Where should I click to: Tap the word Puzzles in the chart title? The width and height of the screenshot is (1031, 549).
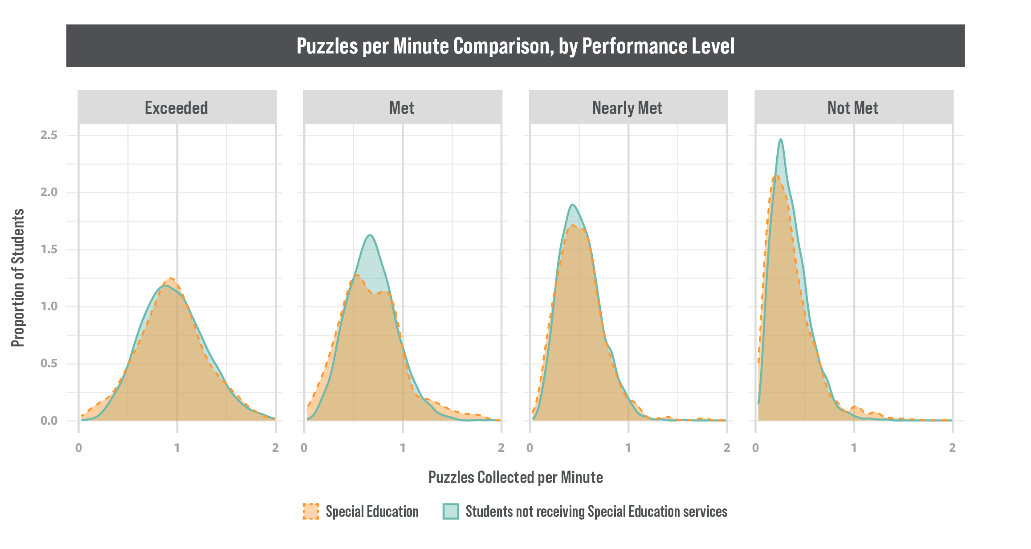pyautogui.click(x=327, y=46)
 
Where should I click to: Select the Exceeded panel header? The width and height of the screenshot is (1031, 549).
pyautogui.click(x=176, y=108)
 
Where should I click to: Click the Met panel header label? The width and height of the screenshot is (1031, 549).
pyautogui.click(x=402, y=108)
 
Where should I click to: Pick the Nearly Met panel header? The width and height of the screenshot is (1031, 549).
pyautogui.click(x=627, y=108)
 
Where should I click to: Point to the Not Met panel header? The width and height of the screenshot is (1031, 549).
pyautogui.click(x=853, y=108)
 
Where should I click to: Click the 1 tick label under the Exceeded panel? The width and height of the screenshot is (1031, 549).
pyautogui.click(x=177, y=447)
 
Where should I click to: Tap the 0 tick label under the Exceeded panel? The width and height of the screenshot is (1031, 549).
pyautogui.click(x=79, y=447)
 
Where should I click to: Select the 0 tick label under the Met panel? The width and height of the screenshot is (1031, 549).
pyautogui.click(x=304, y=447)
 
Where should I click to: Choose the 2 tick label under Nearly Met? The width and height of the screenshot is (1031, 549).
pyautogui.click(x=727, y=447)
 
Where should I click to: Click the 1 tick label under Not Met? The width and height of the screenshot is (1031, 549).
pyautogui.click(x=854, y=447)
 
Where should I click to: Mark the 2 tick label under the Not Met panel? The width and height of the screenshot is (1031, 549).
pyautogui.click(x=952, y=447)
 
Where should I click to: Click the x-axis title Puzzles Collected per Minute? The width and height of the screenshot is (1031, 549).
pyautogui.click(x=516, y=477)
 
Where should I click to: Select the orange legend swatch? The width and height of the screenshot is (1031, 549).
pyautogui.click(x=311, y=512)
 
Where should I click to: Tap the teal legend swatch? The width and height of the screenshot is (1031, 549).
pyautogui.click(x=451, y=512)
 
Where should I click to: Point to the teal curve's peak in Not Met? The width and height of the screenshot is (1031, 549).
pyautogui.click(x=781, y=139)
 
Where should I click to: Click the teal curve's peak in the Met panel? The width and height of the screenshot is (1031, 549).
pyautogui.click(x=370, y=235)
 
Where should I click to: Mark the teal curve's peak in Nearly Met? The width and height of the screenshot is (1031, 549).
pyautogui.click(x=573, y=205)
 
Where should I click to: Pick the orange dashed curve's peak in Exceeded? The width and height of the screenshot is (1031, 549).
pyautogui.click(x=171, y=278)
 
